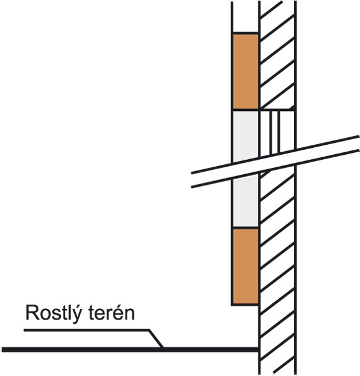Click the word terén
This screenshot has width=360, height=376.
point(112,313)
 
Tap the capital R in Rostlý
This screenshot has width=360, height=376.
point(32,313)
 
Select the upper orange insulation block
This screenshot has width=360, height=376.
point(245,71)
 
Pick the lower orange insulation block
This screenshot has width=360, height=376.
point(245,266)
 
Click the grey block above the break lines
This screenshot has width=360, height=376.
point(245,136)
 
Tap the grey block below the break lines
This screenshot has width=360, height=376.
point(245,201)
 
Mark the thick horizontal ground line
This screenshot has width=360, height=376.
point(130,350)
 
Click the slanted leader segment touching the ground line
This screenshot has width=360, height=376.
point(156,339)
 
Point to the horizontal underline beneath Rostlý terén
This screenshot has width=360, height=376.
point(87,330)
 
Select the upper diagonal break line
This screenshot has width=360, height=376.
point(275,154)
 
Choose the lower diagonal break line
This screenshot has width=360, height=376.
point(275,169)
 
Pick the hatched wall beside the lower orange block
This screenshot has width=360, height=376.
point(277,266)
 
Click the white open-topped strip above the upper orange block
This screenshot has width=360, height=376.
point(245,17)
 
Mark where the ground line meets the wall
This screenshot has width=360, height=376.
point(259,350)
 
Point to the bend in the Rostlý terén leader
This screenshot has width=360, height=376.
point(149,330)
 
